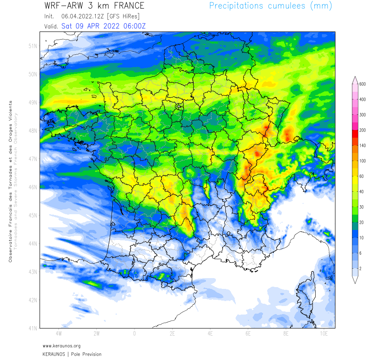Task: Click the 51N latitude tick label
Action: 32,46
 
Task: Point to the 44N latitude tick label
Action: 32,243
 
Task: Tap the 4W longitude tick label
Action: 58,334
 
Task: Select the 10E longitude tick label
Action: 324,334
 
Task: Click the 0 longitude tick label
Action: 134,334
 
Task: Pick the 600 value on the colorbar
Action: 362,84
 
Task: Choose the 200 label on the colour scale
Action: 362,130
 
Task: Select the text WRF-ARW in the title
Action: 61,6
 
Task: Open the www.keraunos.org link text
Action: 62,346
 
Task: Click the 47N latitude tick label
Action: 32,159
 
